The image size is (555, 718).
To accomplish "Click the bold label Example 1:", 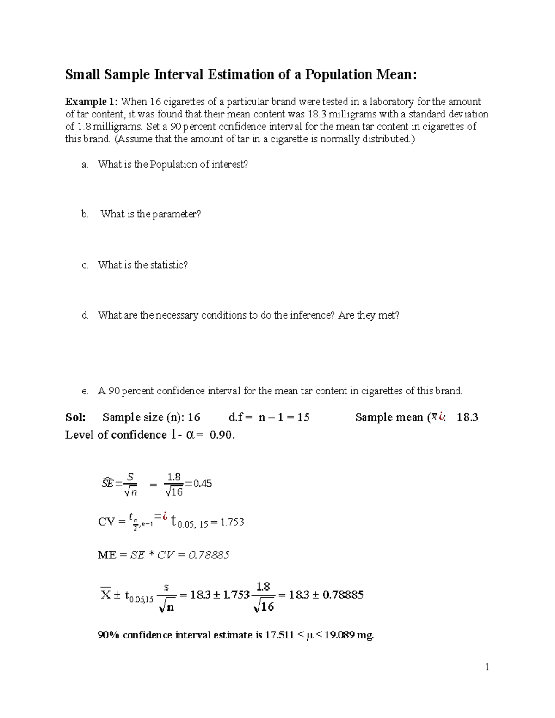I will click(92, 102).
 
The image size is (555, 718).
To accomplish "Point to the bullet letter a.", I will click(85, 165).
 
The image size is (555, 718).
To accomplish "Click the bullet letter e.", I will click(85, 391).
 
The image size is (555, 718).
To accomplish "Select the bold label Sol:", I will click(75, 417).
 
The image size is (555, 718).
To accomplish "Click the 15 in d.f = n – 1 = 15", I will click(303, 417).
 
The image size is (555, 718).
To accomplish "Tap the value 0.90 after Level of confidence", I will click(222, 435).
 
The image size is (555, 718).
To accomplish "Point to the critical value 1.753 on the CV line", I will click(232, 522).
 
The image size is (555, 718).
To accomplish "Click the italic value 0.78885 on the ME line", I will click(209, 555).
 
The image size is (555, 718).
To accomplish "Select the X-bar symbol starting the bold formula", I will click(105, 594).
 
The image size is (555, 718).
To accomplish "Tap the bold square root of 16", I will click(264, 606).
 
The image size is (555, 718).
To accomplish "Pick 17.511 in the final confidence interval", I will click(278, 635).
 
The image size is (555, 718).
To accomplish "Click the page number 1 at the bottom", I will click(487, 667).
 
